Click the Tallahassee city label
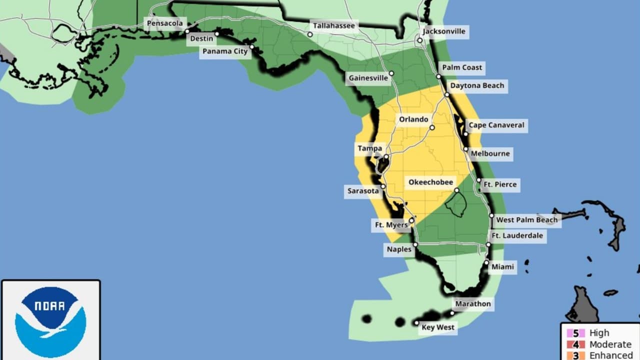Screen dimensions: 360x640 (x=334, y=25)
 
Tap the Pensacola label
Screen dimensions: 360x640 (x=166, y=23)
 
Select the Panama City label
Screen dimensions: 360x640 (x=225, y=51)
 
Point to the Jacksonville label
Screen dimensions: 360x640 (x=443, y=31)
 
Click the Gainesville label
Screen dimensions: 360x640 (x=368, y=78)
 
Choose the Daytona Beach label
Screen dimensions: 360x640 (x=477, y=85)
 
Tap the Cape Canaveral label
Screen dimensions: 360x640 (x=496, y=125)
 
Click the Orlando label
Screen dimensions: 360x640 (x=413, y=119)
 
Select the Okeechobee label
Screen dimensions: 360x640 (x=430, y=182)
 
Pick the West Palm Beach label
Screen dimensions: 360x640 (x=526, y=219)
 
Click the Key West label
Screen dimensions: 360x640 (x=438, y=327)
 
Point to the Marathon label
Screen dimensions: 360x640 (x=472, y=303)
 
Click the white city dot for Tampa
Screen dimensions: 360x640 (x=386, y=157)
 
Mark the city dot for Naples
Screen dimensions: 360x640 (x=415, y=244)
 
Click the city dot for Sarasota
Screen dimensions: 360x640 (x=383, y=186)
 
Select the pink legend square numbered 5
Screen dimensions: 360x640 (x=575, y=333)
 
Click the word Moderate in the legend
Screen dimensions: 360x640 (x=610, y=344)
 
